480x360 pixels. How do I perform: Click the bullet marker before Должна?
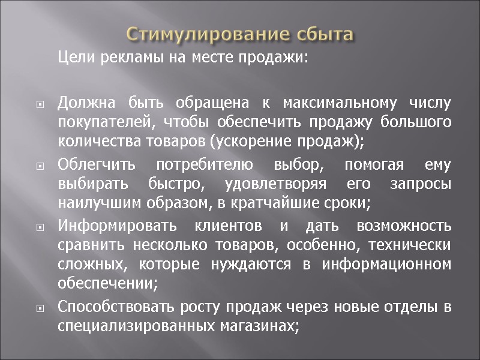coord(40,104)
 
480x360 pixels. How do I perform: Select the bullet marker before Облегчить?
coord(40,166)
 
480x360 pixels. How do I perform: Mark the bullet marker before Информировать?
coord(40,228)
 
